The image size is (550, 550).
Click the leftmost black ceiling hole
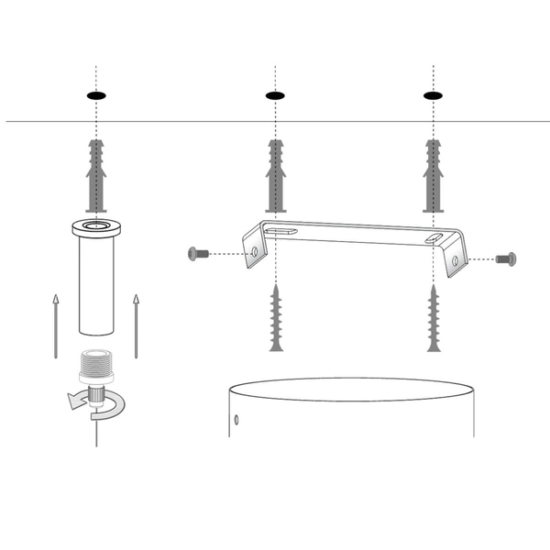[x=95, y=95]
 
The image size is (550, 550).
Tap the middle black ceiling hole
[x=275, y=95]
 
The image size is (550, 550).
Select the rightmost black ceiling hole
[x=433, y=95]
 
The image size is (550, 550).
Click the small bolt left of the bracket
[x=198, y=253]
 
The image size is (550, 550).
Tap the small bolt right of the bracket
[x=505, y=259]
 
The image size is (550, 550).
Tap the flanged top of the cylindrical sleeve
[x=95, y=226]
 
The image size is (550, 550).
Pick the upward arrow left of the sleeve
[x=55, y=324]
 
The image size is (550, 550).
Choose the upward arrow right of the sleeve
[x=136, y=324]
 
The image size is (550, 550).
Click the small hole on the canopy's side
[x=236, y=420]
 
